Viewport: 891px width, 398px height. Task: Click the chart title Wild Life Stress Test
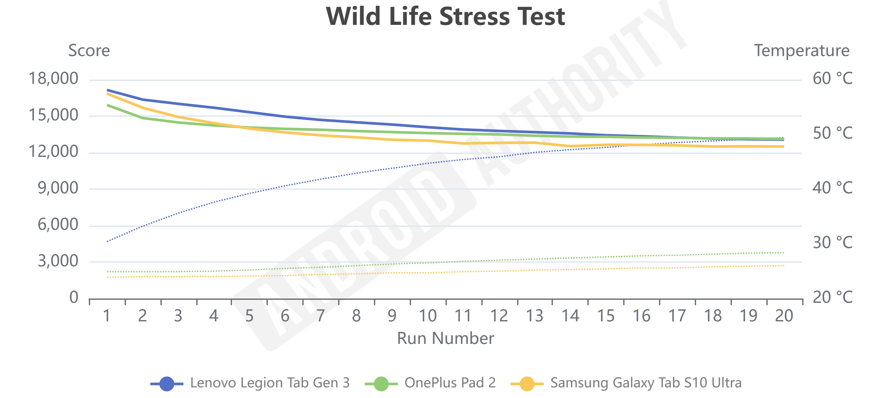[445, 16]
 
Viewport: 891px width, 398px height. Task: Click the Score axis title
[89, 50]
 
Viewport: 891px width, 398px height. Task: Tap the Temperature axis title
[802, 50]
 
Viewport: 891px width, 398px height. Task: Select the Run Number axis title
[445, 338]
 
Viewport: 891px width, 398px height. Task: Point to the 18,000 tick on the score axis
[53, 79]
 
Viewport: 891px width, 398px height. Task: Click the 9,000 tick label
[58, 188]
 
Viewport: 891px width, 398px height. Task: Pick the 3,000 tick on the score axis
[58, 261]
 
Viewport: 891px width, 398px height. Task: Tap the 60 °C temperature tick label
[832, 79]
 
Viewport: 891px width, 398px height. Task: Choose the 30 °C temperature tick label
[832, 242]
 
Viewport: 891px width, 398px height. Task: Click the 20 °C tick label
[832, 297]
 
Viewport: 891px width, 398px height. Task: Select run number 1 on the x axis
[107, 316]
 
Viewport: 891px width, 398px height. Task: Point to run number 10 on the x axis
[428, 316]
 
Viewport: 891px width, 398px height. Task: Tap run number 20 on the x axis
[784, 316]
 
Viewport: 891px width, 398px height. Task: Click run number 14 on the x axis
[570, 316]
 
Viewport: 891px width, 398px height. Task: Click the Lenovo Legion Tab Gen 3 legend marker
[167, 383]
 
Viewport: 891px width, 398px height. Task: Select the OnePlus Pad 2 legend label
[450, 383]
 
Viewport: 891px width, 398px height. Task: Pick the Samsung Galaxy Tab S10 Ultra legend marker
[527, 383]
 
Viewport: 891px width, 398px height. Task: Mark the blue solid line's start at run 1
[108, 90]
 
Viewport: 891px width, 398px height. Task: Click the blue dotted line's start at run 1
[108, 241]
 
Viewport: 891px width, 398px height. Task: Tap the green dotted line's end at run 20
[783, 253]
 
